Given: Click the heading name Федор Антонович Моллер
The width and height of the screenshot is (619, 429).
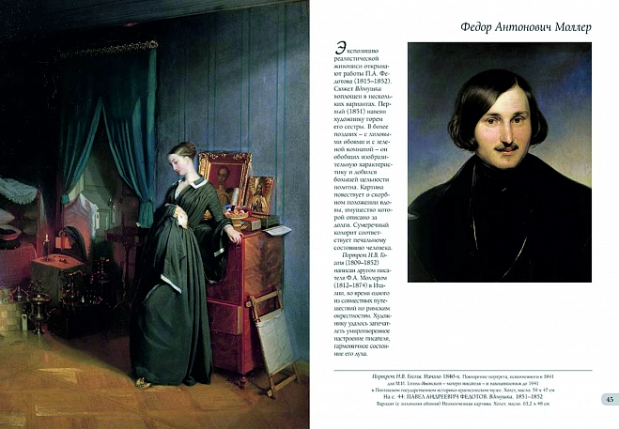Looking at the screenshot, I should [x=506, y=25].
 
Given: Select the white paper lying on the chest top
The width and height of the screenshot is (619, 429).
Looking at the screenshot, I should [x=277, y=228].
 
